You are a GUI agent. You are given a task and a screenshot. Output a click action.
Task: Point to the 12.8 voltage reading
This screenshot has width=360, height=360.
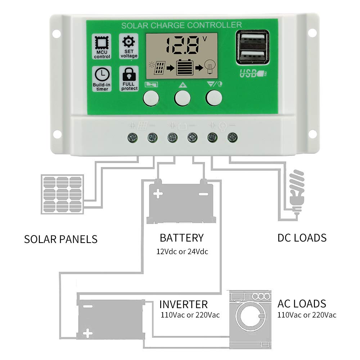pos(182,45)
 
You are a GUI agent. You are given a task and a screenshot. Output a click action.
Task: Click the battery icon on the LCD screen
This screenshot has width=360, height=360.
pos(185,67)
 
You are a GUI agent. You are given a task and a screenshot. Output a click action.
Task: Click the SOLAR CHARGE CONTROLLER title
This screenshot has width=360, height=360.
pos(181,25)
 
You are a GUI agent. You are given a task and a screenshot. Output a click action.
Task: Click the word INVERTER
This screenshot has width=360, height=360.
pos(184,304)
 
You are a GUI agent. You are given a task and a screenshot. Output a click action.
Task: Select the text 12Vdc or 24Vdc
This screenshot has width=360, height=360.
pos(182,251)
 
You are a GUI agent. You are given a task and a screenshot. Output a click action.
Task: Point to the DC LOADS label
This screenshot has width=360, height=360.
pos(302,238)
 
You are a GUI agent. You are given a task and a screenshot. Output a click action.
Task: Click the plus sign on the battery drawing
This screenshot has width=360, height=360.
pos(158,194)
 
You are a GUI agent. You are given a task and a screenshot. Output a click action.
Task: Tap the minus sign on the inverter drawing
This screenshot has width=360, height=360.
pos(88,307)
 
